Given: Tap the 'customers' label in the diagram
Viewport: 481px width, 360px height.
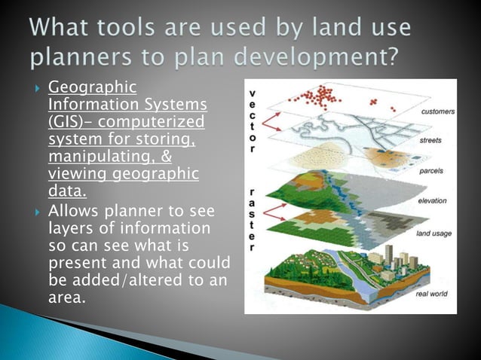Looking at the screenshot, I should [437, 111].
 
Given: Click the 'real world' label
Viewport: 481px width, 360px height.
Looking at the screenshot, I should [436, 295].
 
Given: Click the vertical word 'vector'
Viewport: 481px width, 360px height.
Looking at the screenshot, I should [251, 117].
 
